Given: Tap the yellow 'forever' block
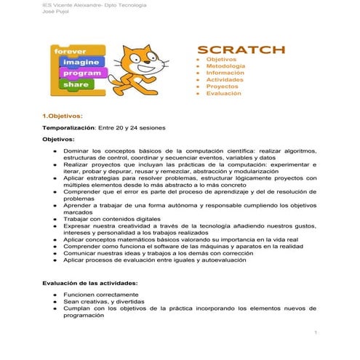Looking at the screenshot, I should coord(70,52).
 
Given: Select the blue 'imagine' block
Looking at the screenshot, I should coord(77,63).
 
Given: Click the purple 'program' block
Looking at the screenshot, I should coord(81,73).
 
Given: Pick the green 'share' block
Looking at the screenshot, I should coord(76,84).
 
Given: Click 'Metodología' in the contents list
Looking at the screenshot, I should coord(225,65).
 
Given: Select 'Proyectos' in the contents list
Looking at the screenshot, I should coord(223,87).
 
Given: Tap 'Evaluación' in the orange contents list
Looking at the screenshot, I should coord(224,94).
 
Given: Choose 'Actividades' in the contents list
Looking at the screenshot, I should coord(225,80).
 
